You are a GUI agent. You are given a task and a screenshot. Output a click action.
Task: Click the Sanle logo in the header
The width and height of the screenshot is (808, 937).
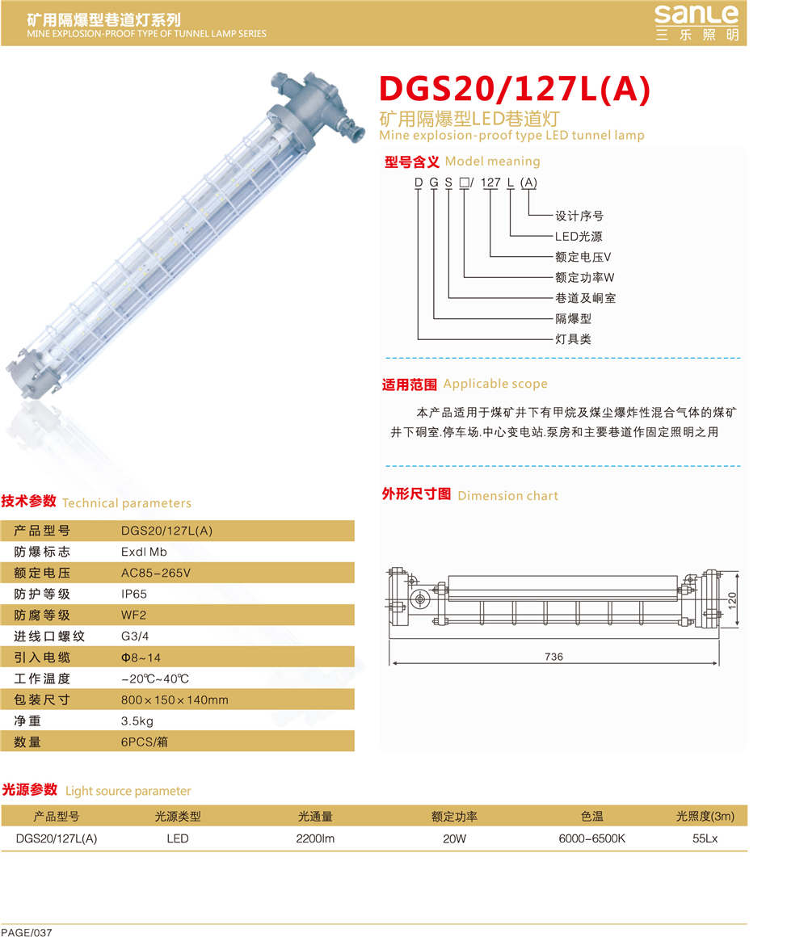click(x=696, y=23)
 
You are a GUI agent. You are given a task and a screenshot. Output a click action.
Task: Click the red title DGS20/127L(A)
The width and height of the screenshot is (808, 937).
click(x=515, y=89)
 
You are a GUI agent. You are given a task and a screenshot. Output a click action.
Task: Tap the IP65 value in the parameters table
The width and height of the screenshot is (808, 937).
click(x=134, y=594)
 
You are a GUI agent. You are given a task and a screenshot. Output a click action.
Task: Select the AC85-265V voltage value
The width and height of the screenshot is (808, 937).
click(x=156, y=573)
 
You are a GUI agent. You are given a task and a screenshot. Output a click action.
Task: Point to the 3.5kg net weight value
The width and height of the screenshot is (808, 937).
click(x=137, y=721)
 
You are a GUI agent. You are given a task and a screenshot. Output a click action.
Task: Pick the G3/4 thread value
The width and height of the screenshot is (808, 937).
click(x=135, y=637)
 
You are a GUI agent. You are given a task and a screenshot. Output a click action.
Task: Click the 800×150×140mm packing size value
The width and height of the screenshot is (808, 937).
click(x=175, y=700)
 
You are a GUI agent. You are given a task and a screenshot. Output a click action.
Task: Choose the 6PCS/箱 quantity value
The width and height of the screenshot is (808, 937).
click(x=144, y=742)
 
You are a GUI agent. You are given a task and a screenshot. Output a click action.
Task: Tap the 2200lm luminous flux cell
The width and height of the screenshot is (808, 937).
click(x=315, y=838)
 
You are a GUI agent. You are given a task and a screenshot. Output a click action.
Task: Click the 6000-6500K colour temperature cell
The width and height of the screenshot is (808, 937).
click(x=591, y=838)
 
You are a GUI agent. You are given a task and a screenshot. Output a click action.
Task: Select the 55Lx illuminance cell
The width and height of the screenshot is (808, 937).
click(x=705, y=838)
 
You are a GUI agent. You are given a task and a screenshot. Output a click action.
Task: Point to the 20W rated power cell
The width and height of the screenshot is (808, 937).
click(x=454, y=838)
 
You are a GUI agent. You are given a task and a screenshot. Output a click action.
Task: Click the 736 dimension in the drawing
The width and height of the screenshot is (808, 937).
click(x=554, y=657)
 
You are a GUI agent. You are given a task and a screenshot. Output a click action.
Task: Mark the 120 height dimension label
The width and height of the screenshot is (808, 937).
click(x=732, y=600)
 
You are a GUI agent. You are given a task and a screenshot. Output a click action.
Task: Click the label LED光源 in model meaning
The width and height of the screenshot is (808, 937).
click(x=579, y=237)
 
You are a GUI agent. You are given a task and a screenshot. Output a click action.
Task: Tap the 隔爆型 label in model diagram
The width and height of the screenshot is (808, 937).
click(x=573, y=318)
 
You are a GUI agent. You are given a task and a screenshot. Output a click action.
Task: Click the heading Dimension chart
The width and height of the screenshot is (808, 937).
click(x=507, y=495)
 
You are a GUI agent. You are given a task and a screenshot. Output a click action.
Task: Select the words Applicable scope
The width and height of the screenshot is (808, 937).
click(x=494, y=384)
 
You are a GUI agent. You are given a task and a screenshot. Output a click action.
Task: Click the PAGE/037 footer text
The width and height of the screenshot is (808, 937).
click(x=27, y=931)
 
